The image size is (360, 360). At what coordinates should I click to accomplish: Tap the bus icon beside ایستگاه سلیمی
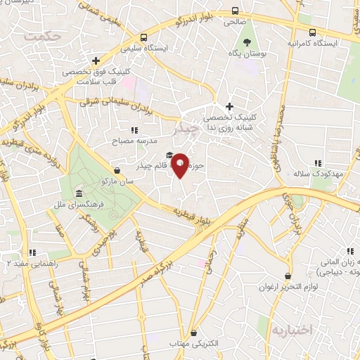coord(144,37)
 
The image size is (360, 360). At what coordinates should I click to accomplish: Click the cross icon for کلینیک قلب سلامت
coord(96,60)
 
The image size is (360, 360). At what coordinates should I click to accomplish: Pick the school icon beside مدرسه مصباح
coord(134,130)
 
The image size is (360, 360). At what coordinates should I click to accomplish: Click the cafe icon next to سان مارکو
coord(117,169)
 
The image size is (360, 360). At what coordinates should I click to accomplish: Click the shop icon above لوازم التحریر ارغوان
coord(287,276)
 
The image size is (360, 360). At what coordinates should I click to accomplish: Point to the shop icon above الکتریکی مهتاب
coord(194,332)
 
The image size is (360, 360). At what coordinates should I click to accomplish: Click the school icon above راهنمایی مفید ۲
coord(32,252)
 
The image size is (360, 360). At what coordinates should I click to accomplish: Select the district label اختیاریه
coord(290,329)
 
